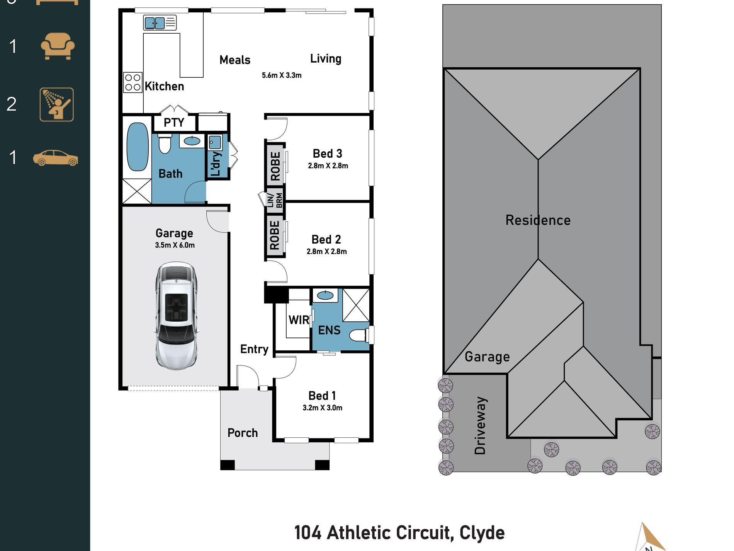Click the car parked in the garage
pyautogui.click(x=176, y=315)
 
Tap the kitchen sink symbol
pyautogui.click(x=155, y=23)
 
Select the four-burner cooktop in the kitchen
pyautogui.click(x=133, y=82)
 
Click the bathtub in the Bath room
pyautogui.click(x=138, y=147)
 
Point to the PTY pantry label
pyautogui.click(x=174, y=123)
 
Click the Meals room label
pyautogui.click(x=235, y=60)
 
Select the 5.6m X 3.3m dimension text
pyautogui.click(x=282, y=75)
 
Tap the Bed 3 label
pyautogui.click(x=327, y=154)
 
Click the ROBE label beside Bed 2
pyautogui.click(x=275, y=235)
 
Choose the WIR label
pyautogui.click(x=299, y=320)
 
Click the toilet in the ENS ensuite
pyautogui.click(x=359, y=335)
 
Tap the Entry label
pyautogui.click(x=254, y=349)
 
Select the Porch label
pyautogui.click(x=243, y=433)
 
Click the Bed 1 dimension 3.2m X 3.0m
pyautogui.click(x=322, y=408)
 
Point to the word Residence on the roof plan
pyautogui.click(x=538, y=220)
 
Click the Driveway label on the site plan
pyautogui.click(x=480, y=425)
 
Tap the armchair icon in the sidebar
pyautogui.click(x=58, y=46)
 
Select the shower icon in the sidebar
pyautogui.click(x=57, y=104)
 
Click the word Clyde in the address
pyautogui.click(x=482, y=533)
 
